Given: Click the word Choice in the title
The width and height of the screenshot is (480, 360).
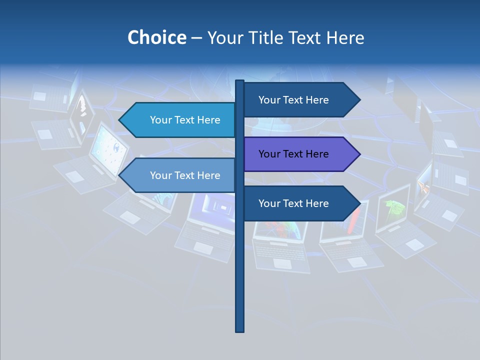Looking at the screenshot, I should click(x=156, y=37).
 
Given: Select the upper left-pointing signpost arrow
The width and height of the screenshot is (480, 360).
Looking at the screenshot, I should click(x=180, y=120).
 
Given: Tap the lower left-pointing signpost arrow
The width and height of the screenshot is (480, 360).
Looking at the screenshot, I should click(x=180, y=175).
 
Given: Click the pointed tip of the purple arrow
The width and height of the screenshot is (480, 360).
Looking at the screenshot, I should click(x=359, y=154).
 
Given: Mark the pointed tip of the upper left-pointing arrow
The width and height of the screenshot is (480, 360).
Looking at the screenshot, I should click(x=120, y=120).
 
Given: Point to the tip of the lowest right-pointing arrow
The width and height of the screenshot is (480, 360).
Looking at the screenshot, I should click(x=359, y=203).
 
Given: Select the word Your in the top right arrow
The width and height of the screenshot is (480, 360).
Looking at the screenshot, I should click(x=269, y=100).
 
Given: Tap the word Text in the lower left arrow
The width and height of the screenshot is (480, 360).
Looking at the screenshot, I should click(x=185, y=175).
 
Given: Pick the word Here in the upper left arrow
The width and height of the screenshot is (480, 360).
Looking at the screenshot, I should click(x=208, y=120).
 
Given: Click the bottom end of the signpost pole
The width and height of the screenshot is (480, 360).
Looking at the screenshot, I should click(x=240, y=330).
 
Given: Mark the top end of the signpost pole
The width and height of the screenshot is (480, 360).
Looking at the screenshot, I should click(x=240, y=81).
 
